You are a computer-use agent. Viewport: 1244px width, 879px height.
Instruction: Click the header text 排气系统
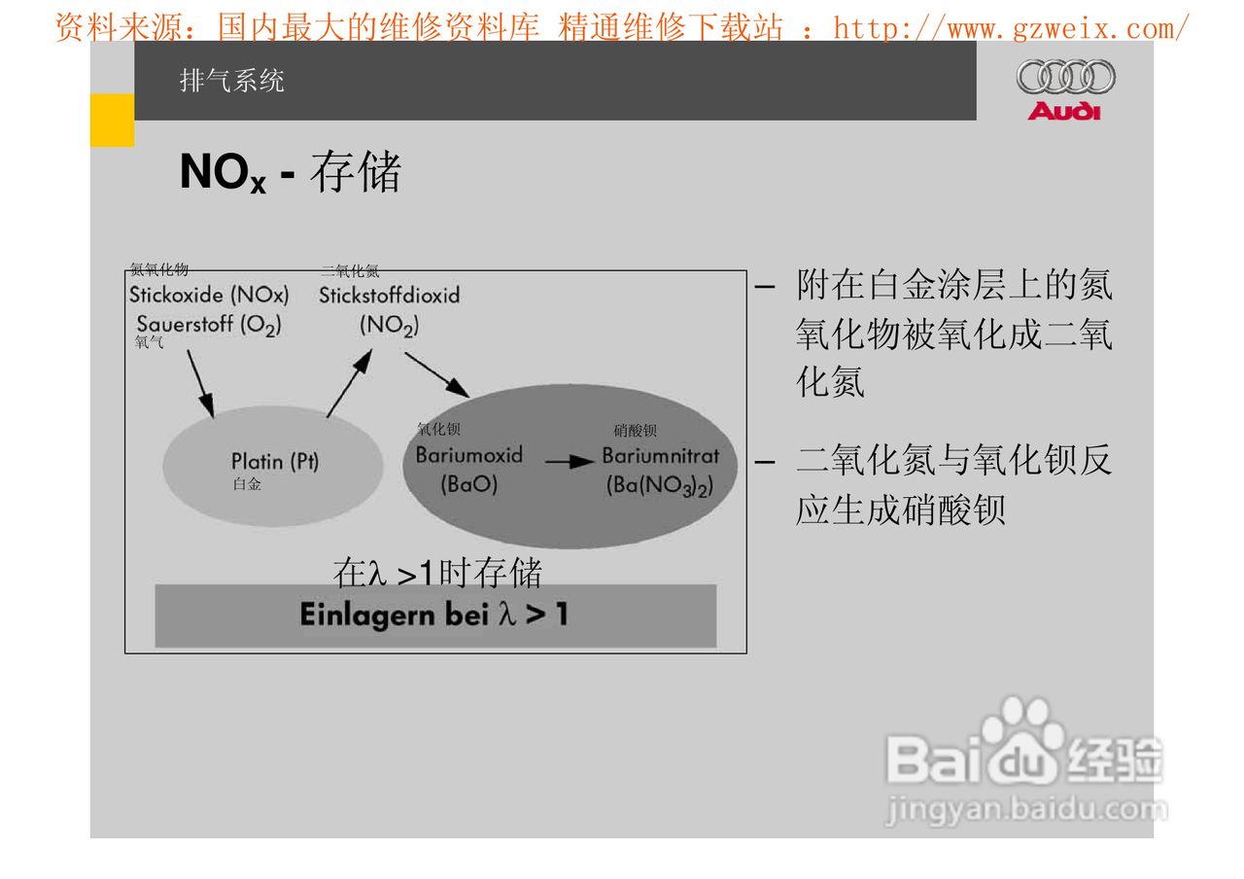click(232, 81)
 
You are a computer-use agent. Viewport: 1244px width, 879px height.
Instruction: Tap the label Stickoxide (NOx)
click(209, 295)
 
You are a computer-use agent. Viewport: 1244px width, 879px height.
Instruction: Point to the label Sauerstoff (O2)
click(209, 325)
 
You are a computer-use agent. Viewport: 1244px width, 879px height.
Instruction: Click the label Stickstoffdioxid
click(389, 295)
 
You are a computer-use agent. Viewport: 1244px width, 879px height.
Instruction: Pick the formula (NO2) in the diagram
click(389, 326)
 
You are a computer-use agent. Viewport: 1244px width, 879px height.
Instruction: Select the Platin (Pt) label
click(275, 461)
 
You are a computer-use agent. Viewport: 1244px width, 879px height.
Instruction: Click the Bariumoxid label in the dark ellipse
click(469, 455)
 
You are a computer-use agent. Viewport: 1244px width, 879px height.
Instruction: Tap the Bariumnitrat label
click(661, 455)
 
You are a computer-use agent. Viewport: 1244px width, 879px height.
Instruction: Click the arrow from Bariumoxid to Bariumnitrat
click(570, 462)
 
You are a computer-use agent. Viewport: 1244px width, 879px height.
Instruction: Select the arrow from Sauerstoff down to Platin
click(200, 383)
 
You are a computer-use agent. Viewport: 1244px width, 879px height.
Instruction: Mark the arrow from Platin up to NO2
click(349, 383)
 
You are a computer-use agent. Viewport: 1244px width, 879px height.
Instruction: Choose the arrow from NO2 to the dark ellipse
click(436, 373)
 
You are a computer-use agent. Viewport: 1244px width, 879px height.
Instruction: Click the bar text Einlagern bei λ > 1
click(434, 615)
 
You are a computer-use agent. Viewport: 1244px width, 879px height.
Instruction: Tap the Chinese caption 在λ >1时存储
click(437, 573)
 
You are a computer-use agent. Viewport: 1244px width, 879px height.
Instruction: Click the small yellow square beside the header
click(112, 121)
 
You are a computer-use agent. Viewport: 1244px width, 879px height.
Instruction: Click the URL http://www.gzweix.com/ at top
click(1011, 28)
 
